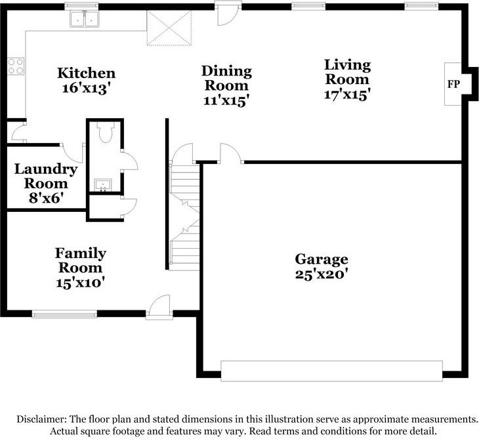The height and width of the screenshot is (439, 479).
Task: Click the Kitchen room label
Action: click(87, 73)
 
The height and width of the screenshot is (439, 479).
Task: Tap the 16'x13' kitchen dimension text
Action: click(86, 89)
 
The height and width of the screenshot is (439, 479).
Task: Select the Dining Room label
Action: click(226, 78)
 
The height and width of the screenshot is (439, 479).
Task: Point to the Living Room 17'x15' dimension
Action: click(347, 94)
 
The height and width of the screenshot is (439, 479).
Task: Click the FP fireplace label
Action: click(453, 84)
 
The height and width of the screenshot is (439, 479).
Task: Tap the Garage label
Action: click(322, 259)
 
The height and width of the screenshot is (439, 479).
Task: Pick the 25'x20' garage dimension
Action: click(322, 274)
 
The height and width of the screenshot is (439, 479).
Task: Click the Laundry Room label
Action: click(46, 177)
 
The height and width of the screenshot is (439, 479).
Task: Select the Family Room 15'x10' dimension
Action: click(81, 282)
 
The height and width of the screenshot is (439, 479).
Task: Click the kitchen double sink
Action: click(85, 19)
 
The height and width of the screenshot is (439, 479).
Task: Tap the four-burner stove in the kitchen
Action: click(16, 66)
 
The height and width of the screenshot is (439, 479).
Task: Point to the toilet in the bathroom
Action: click(106, 132)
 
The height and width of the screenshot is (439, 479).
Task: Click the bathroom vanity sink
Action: click(103, 185)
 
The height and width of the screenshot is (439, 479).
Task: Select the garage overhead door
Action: click(331, 371)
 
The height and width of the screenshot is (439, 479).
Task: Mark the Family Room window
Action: click(64, 314)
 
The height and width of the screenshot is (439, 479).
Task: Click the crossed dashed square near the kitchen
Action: click(169, 28)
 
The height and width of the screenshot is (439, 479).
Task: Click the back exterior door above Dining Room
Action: click(228, 14)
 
